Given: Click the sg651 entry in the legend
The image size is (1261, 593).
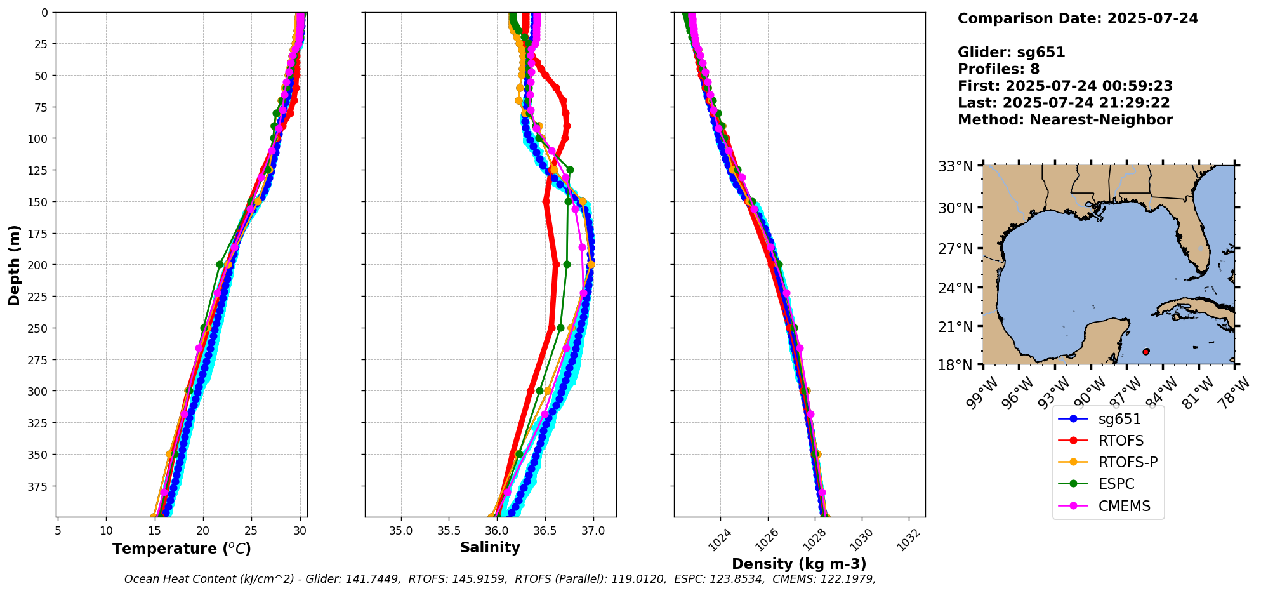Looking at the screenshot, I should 1119,419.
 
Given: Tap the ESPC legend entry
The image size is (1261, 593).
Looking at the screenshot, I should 1116,484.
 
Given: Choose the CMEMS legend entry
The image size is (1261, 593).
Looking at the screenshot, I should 1124,506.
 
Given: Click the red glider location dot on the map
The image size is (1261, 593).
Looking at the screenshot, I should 1145,352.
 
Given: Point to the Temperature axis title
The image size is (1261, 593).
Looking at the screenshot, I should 182,549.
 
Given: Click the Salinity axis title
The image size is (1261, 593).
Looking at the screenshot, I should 490,548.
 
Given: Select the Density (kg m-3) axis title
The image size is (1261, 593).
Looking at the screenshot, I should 799,564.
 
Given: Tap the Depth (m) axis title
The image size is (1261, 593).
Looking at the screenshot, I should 14,265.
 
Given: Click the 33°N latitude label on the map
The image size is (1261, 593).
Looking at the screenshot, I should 955,166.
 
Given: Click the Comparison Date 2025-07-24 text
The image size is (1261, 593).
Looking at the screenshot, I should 1078,18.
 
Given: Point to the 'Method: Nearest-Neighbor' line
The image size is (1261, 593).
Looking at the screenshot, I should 1065,120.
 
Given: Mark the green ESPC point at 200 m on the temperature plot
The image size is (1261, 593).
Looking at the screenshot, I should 220,265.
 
